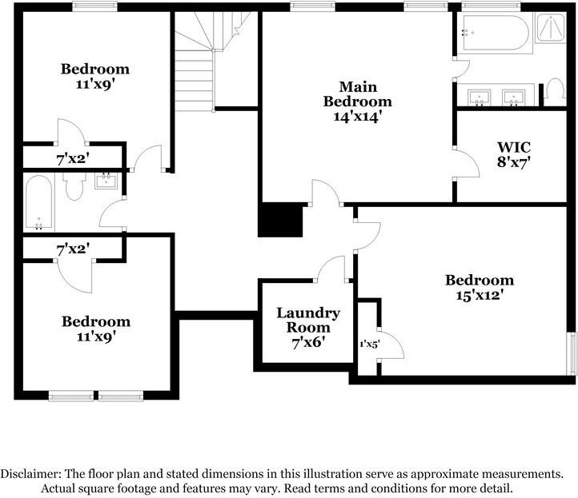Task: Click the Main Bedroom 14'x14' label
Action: (357, 102)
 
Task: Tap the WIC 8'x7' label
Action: (513, 154)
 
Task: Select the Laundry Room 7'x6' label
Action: (308, 328)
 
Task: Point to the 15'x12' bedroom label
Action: (480, 288)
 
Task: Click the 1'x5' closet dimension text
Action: (370, 345)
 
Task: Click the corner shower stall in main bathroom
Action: (551, 28)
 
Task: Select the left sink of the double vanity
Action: (480, 98)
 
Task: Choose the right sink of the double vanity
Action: (513, 98)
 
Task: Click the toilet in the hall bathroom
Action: (74, 186)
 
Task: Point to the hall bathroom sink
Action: (106, 181)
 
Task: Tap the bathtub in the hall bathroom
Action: (38, 202)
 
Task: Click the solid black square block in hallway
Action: (280, 219)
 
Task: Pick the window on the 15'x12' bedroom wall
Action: (572, 354)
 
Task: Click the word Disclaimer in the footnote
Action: (30, 474)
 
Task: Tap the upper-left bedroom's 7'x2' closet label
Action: (73, 159)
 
